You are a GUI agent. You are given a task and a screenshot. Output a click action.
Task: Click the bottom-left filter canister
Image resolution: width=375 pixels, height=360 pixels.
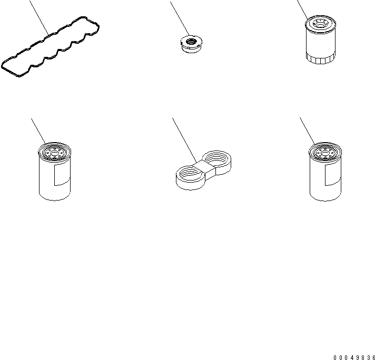point(55,172)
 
